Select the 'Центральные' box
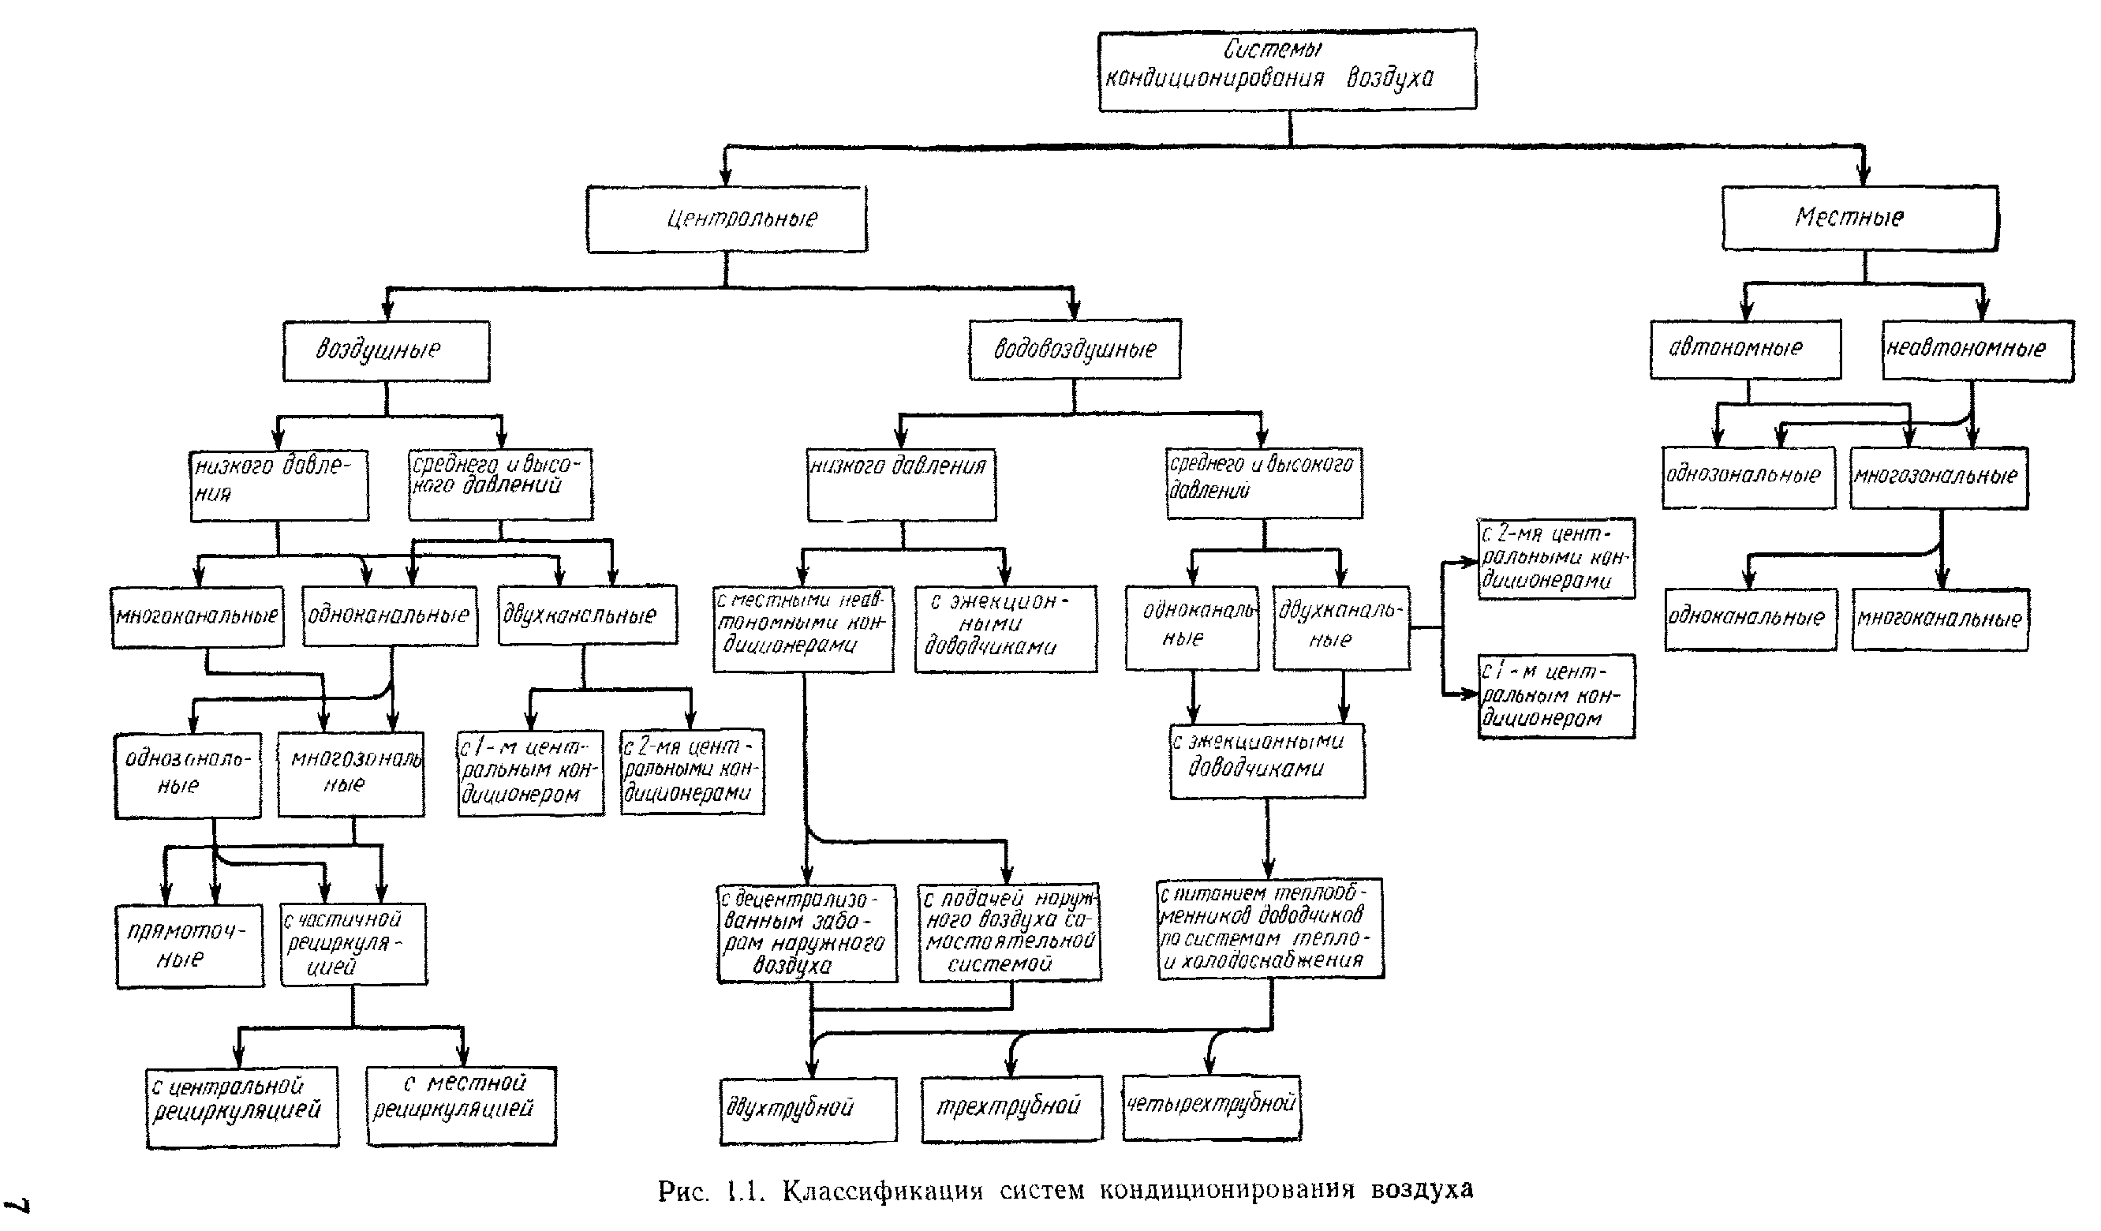pos(726,219)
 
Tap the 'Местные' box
pos(1860,218)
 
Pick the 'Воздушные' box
pos(386,350)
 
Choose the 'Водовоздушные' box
pos(1075,350)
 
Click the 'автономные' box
pos(1745,348)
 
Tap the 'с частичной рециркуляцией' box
pos(353,943)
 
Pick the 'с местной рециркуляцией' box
pos(461,1105)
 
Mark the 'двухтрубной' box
pos(808,1109)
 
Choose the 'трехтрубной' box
pos(1011,1108)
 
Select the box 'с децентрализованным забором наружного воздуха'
pos(807,933)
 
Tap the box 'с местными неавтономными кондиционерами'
pos(803,628)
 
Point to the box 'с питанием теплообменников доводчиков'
pos(1269,927)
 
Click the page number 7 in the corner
pos(18,1205)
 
